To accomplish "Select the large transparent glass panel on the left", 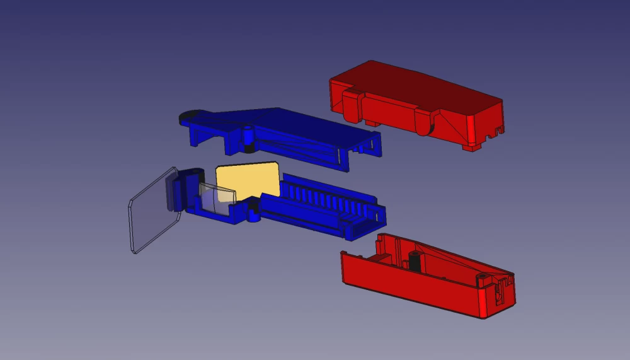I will (x=151, y=212).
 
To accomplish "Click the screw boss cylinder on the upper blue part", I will (x=248, y=135).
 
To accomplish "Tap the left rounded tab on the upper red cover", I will (x=352, y=101).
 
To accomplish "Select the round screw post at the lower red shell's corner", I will (x=483, y=278).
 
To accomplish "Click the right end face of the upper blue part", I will (x=376, y=143).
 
